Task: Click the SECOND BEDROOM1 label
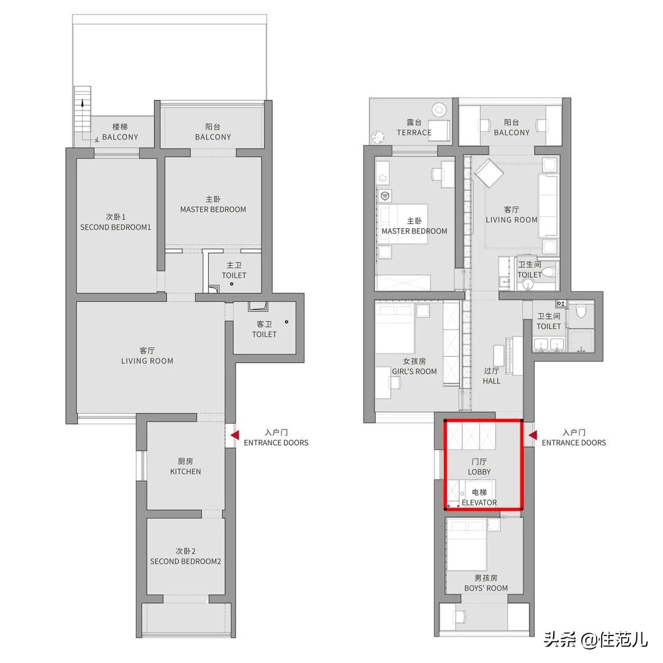pyautogui.click(x=115, y=227)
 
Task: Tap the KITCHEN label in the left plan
pyautogui.click(x=185, y=471)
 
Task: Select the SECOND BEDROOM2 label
pyautogui.click(x=185, y=562)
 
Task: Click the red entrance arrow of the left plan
pyautogui.click(x=235, y=435)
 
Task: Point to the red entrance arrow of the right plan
pyautogui.click(x=533, y=435)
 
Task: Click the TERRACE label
pyautogui.click(x=414, y=133)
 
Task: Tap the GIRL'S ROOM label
pyautogui.click(x=414, y=371)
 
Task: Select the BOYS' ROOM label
pyautogui.click(x=486, y=588)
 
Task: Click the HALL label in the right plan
pyautogui.click(x=491, y=381)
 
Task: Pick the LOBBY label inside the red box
pyautogui.click(x=479, y=472)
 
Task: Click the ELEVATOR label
pyautogui.click(x=479, y=503)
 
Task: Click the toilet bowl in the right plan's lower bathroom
pyautogui.click(x=581, y=311)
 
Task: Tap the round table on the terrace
pyautogui.click(x=440, y=110)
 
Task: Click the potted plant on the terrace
pyautogui.click(x=377, y=136)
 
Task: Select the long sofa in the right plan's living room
pyautogui.click(x=548, y=206)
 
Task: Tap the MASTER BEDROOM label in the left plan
pyautogui.click(x=213, y=209)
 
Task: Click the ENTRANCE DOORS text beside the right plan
pyautogui.click(x=574, y=443)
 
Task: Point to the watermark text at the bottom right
pyautogui.click(x=595, y=639)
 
